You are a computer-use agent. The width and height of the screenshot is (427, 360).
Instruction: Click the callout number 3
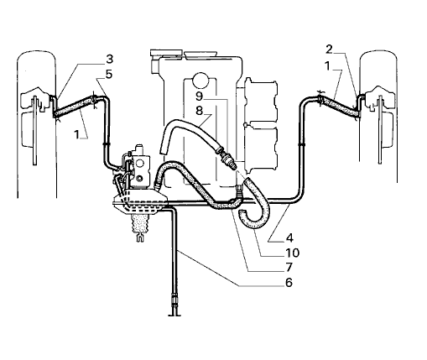point(109,59)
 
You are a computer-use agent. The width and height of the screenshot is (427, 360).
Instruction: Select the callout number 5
point(108,75)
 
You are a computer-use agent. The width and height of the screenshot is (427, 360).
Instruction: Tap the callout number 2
point(329,50)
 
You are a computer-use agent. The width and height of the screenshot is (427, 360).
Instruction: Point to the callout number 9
point(199,96)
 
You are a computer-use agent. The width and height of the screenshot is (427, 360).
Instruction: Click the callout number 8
point(199,111)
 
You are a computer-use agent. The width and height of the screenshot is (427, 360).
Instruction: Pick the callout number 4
point(289,238)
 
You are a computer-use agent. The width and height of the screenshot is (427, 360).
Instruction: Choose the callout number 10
point(293,253)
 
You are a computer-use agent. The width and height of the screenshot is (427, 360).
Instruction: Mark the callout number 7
point(289,267)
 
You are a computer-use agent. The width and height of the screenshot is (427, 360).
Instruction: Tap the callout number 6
point(289,283)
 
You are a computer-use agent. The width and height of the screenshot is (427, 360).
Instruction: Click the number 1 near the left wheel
point(76,134)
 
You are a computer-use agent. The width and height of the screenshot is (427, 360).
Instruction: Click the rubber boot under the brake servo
point(141,224)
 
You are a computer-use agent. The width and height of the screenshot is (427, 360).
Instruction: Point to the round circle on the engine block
point(200,80)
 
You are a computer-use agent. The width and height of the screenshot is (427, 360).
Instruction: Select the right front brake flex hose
point(339,107)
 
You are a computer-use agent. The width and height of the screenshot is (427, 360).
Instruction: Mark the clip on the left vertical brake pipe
point(106,144)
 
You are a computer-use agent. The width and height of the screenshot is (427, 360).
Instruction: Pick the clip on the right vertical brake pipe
point(302,144)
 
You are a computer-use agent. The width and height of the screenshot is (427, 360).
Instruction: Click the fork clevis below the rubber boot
point(140,238)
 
